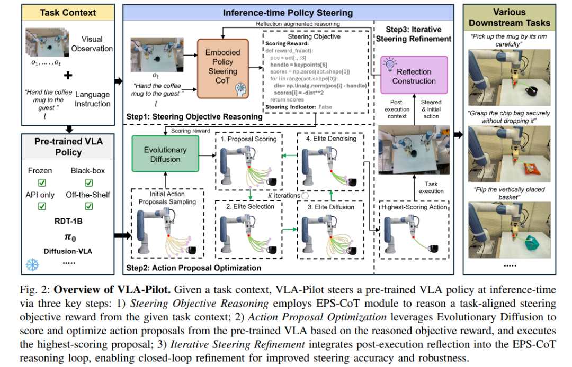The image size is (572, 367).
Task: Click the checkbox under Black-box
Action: [x=88, y=182]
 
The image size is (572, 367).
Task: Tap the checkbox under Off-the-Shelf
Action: [x=88, y=207]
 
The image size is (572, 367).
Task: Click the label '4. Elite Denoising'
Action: [x=330, y=139]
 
